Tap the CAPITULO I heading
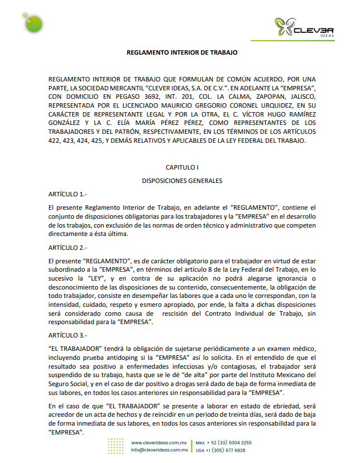pos(182,167)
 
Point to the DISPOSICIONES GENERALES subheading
pos(182,181)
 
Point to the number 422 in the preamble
pos(55,141)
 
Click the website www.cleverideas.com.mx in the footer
pos(159,442)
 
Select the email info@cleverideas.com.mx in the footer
pos(159,450)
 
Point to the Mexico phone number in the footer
pos(224,442)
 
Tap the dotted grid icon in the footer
pos(116,446)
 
